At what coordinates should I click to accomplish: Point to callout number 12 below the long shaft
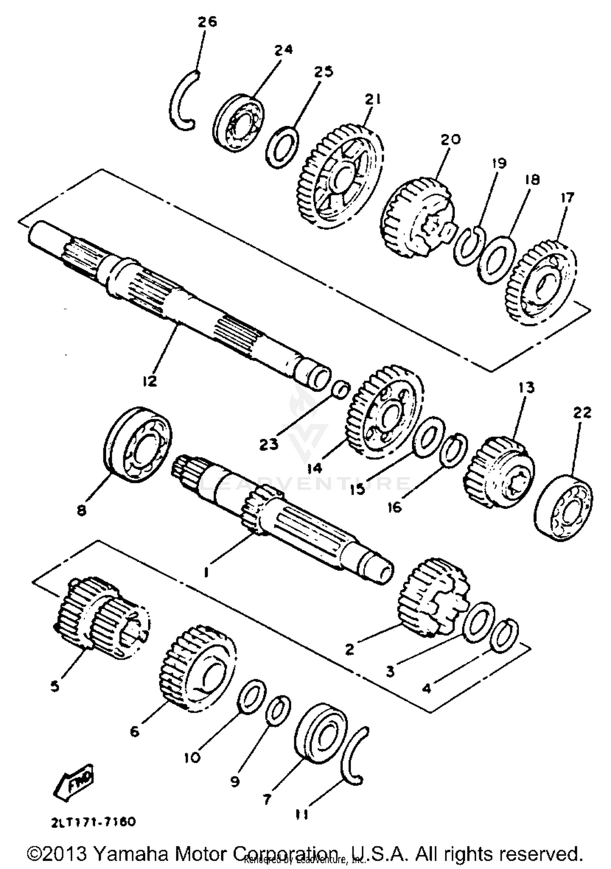[x=149, y=381]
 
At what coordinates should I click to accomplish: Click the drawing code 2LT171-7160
[x=93, y=822]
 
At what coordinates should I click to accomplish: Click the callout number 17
[x=567, y=197]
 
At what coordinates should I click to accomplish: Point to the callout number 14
[x=314, y=468]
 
